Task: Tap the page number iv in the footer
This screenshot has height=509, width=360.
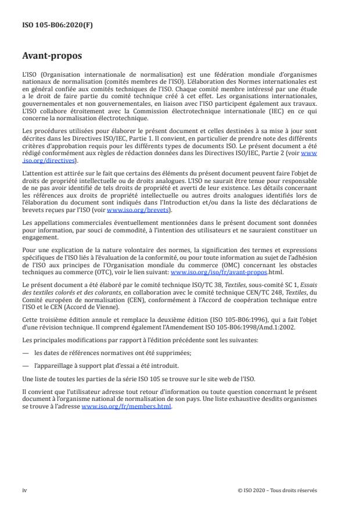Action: click(24, 490)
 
